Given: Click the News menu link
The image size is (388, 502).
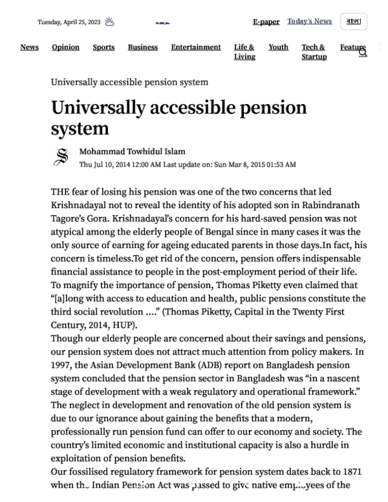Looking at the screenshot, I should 29,47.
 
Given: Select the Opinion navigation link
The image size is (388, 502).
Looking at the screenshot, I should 65,47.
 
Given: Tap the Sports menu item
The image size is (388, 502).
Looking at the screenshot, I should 103,47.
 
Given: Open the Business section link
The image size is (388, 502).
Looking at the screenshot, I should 142,47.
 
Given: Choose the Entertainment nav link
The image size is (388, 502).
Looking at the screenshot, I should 195,47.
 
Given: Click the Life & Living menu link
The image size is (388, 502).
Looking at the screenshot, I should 244,52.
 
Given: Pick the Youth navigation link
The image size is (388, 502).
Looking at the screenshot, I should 278,47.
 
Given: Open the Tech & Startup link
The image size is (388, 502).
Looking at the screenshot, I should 314,52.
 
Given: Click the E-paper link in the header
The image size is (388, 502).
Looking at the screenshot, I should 266,21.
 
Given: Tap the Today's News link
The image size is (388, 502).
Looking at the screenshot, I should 310,21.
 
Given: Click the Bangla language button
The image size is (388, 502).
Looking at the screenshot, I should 353,21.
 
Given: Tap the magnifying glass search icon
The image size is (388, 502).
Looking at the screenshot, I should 363,52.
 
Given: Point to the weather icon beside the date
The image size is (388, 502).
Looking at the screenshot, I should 110,22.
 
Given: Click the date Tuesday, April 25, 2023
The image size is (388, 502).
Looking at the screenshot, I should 69,22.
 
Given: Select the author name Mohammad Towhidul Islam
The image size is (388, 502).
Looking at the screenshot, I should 132,152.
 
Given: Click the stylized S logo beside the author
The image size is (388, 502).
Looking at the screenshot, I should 62,158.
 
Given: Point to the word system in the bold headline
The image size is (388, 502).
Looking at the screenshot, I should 80,128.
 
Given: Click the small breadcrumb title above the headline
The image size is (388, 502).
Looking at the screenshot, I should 129,82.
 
